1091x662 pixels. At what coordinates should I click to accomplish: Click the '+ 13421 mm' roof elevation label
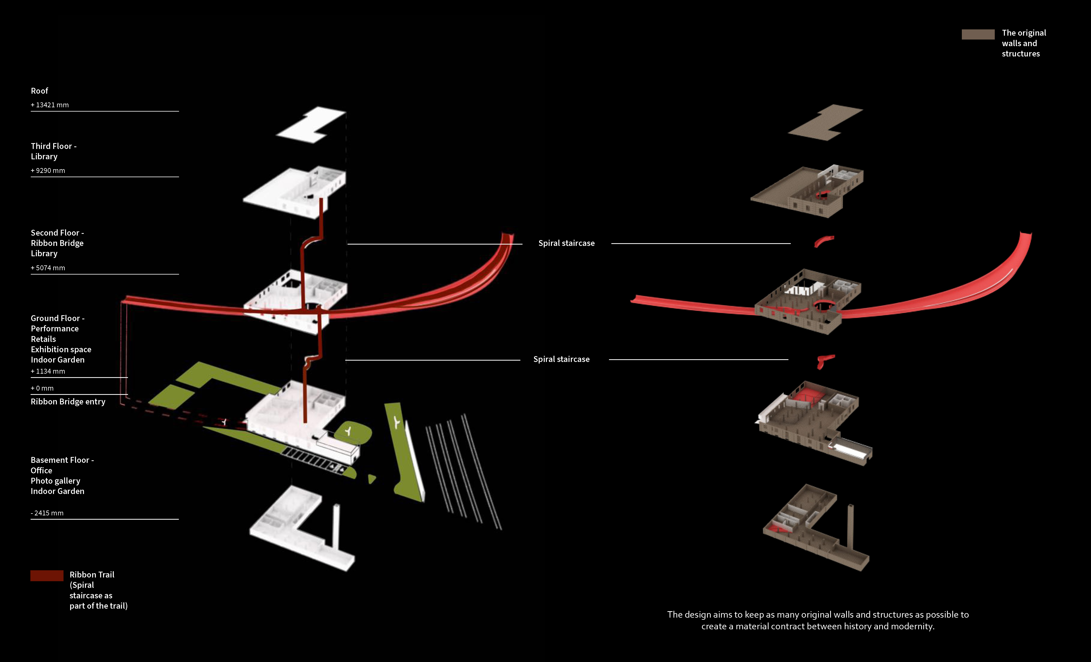(50, 105)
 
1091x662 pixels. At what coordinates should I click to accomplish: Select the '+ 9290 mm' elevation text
(48, 170)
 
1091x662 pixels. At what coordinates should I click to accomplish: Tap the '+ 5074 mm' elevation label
(48, 268)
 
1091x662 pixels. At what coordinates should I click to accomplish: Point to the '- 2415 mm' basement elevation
(47, 513)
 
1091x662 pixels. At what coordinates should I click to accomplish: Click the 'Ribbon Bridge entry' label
(68, 401)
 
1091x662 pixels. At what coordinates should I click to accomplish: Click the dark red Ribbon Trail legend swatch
(47, 575)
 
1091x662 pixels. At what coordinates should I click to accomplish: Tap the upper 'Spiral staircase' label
(566, 243)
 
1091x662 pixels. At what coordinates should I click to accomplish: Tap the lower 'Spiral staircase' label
(561, 359)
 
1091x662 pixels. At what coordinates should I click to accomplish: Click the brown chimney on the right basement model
(850, 527)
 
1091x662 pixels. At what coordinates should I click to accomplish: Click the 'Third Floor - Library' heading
(53, 151)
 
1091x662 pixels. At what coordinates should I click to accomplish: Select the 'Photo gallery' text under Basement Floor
(55, 481)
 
